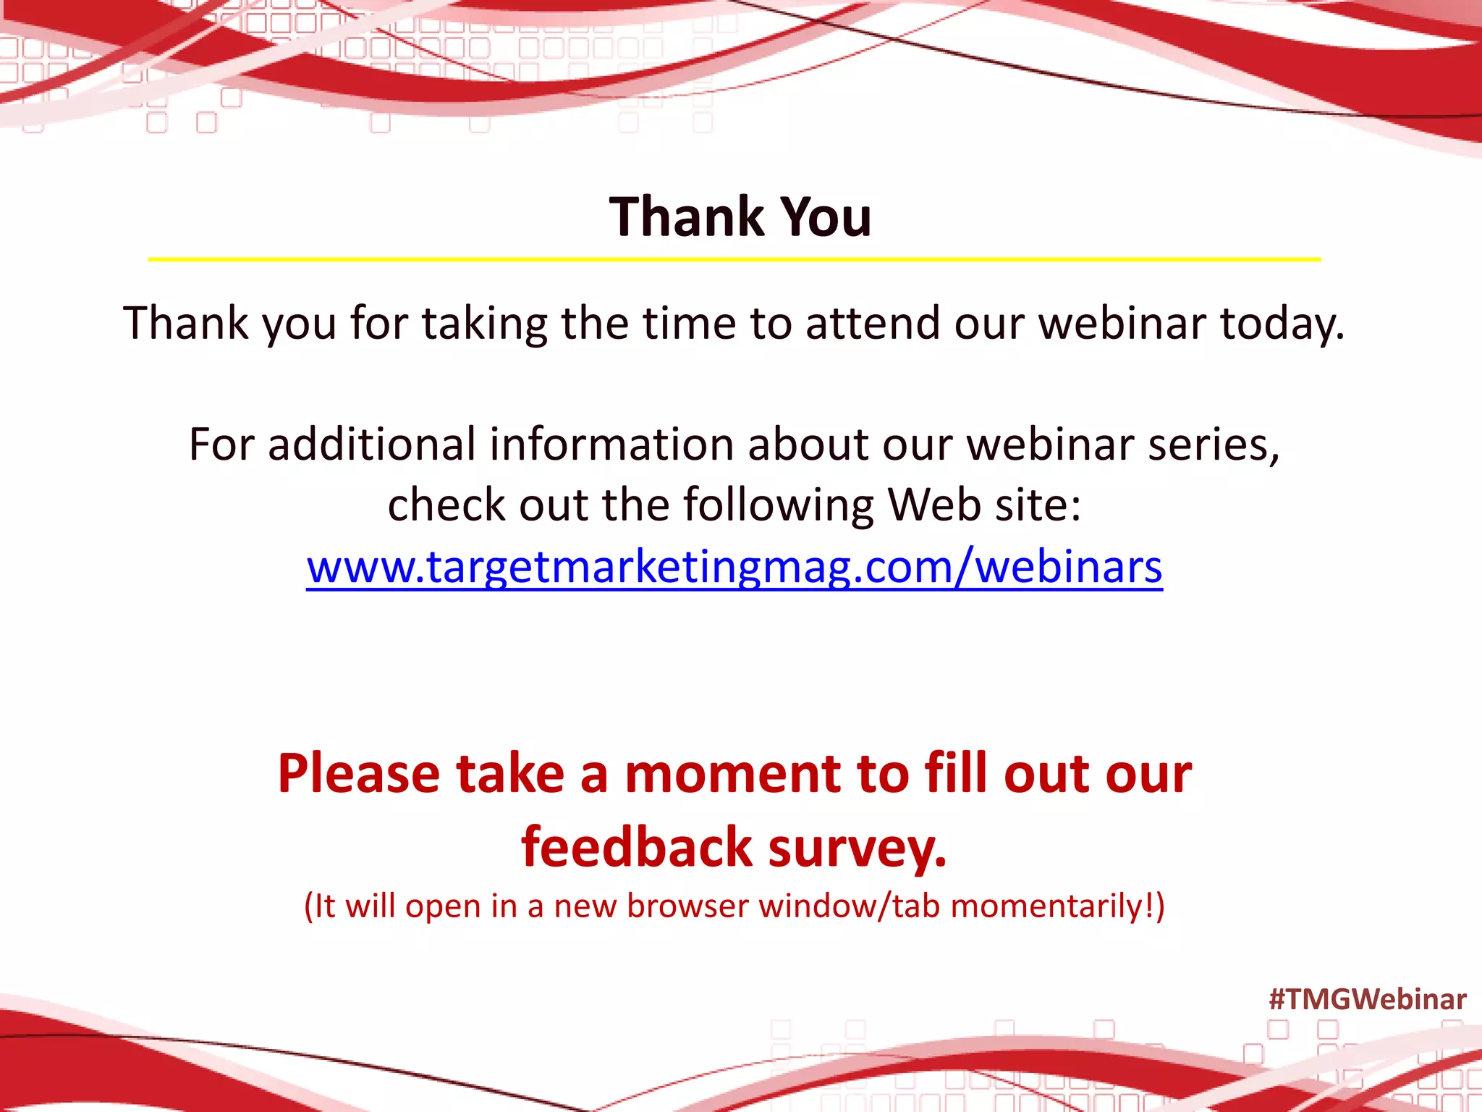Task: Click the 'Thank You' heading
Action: (740, 216)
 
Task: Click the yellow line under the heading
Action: (734, 259)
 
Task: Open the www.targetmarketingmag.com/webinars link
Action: (734, 566)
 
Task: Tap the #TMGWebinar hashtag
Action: (1367, 999)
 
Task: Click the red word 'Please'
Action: (359, 774)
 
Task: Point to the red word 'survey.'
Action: (858, 848)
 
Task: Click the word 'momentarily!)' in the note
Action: (1057, 906)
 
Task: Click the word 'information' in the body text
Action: (611, 444)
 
